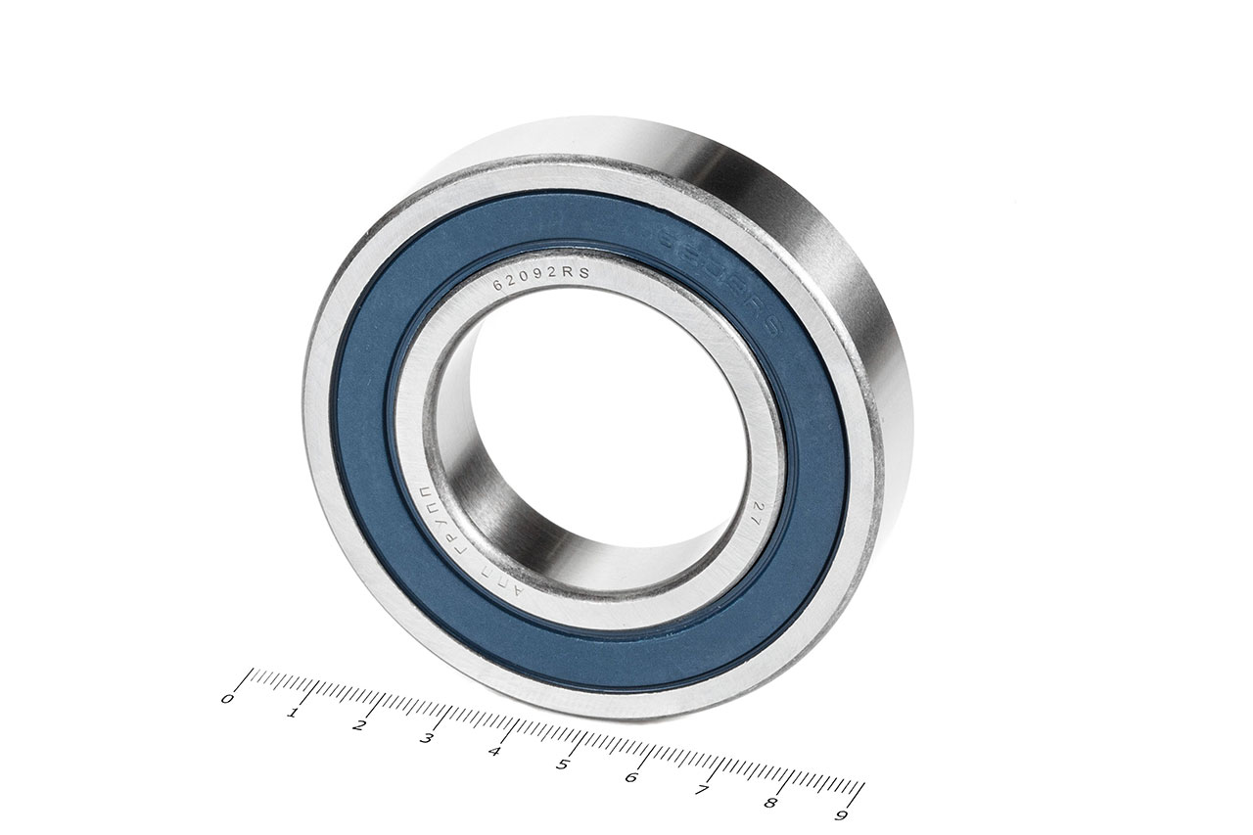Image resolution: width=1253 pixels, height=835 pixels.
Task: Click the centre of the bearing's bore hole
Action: [607, 431]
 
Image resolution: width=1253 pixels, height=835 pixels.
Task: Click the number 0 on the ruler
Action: [228, 699]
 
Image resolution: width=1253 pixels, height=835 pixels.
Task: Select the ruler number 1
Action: [293, 712]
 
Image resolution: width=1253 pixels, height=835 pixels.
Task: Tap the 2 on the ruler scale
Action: [360, 725]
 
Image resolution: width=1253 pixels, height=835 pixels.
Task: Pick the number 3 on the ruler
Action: [427, 738]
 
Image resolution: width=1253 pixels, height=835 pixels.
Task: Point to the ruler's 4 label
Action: [494, 752]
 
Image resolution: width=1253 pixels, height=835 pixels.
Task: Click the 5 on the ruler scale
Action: [563, 765]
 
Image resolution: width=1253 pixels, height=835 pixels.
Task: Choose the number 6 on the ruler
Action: [631, 777]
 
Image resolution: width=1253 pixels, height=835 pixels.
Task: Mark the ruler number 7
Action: [701, 790]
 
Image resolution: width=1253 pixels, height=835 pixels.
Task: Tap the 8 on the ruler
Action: [770, 803]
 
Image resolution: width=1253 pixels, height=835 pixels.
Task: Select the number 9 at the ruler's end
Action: [840, 814]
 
